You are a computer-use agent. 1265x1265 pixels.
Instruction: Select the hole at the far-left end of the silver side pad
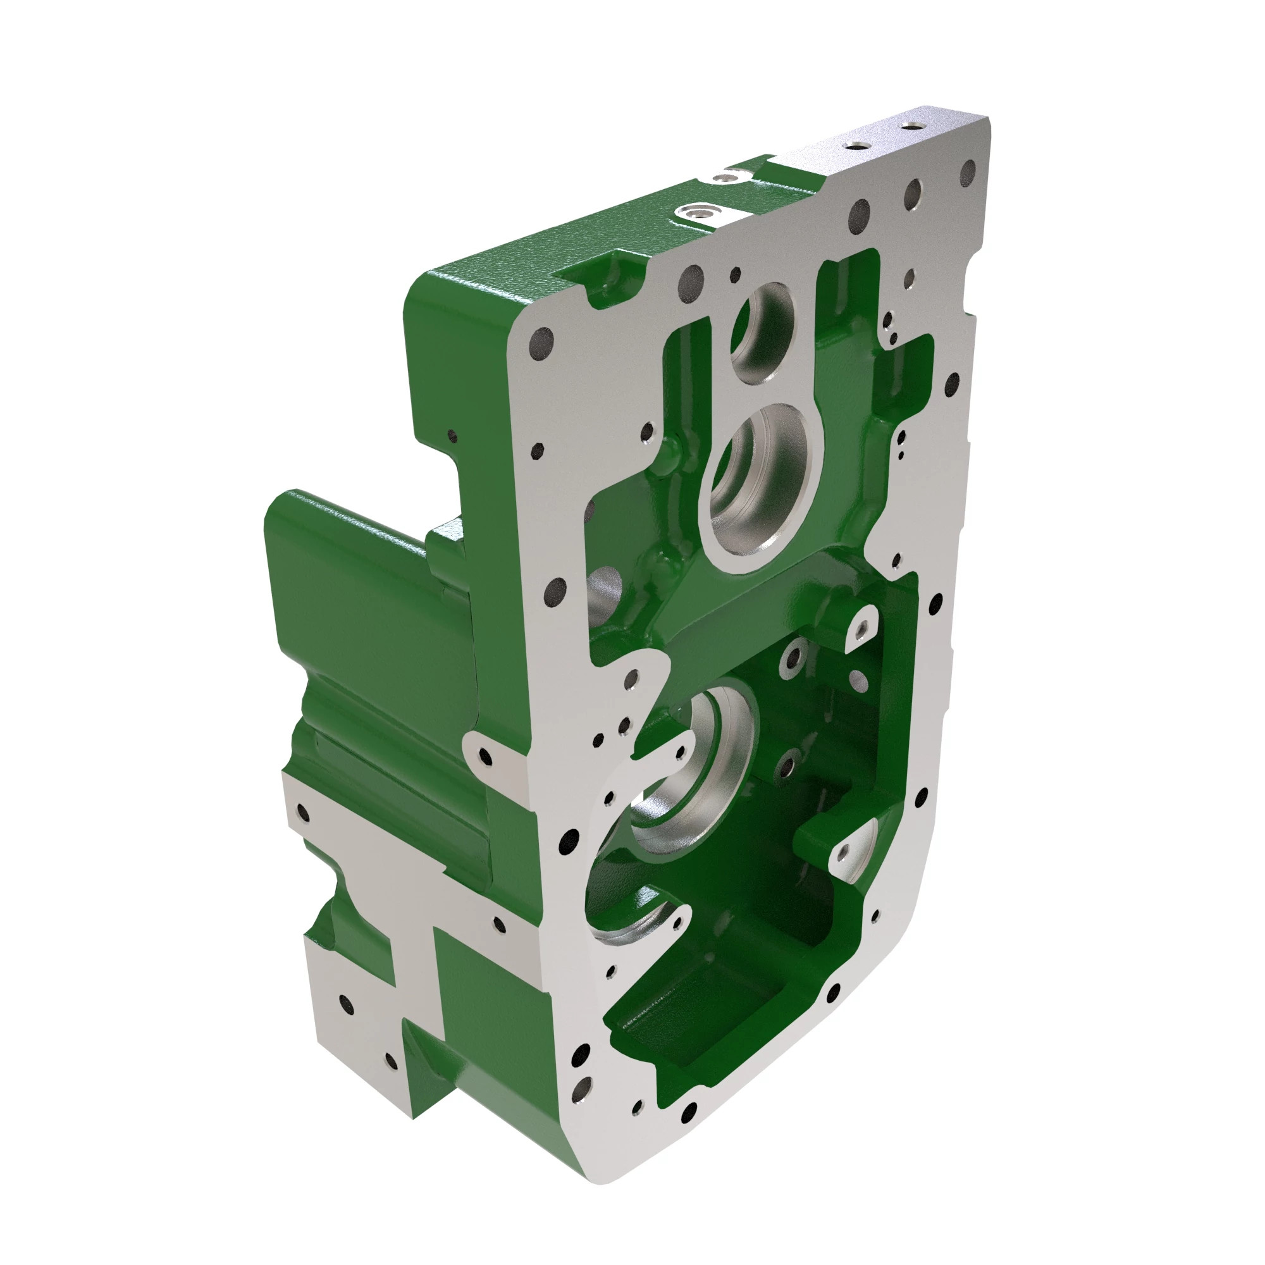pyautogui.click(x=302, y=813)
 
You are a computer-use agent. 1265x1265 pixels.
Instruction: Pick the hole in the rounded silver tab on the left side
pyautogui.click(x=485, y=757)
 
